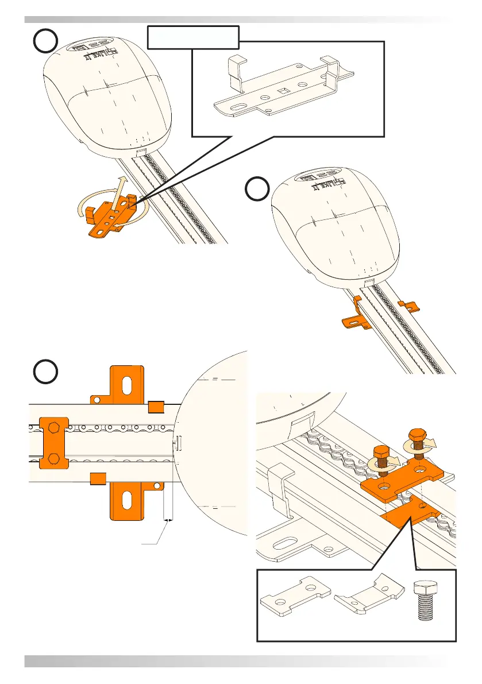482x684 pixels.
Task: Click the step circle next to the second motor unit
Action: click(x=256, y=189)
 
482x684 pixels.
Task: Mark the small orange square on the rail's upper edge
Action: click(x=157, y=407)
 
